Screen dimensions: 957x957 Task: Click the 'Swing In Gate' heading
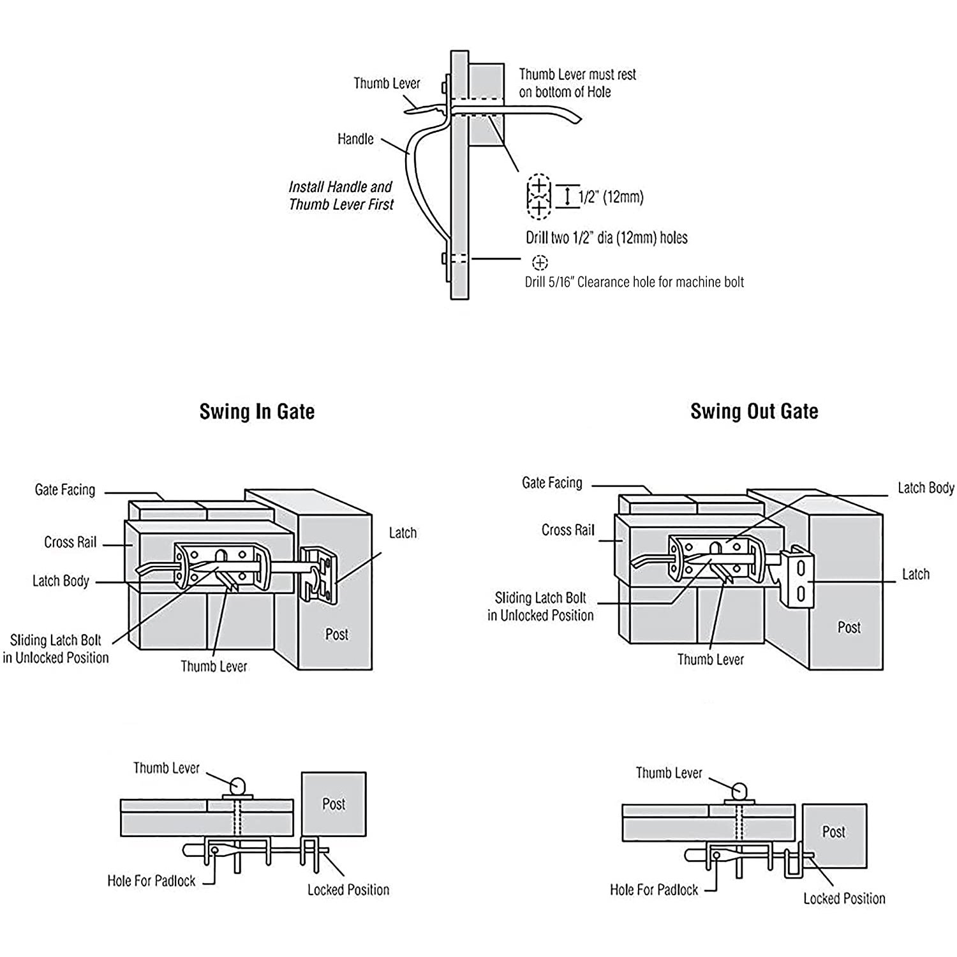click(x=256, y=412)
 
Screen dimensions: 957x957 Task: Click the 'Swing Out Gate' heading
click(x=754, y=412)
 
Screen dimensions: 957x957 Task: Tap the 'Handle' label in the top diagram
click(x=355, y=139)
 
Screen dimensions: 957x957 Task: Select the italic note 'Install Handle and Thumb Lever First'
click(x=341, y=196)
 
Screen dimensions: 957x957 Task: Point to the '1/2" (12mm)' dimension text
click(x=611, y=197)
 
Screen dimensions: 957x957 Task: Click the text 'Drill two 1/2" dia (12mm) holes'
click(x=606, y=238)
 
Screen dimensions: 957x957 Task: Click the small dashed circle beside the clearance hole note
click(x=540, y=262)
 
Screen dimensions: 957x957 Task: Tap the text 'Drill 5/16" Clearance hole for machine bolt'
click(x=634, y=282)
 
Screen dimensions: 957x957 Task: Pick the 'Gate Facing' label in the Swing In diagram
click(x=64, y=490)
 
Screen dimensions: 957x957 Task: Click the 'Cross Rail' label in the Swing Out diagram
click(x=568, y=530)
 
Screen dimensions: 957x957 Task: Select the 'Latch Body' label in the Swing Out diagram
click(x=925, y=488)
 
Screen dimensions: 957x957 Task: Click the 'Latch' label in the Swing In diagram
click(x=403, y=533)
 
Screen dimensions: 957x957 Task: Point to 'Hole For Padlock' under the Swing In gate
click(x=151, y=881)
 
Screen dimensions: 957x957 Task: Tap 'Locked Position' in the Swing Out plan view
click(x=844, y=898)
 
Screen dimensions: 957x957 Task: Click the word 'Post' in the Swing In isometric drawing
click(x=337, y=634)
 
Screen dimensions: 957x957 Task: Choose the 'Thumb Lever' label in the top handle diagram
click(x=387, y=84)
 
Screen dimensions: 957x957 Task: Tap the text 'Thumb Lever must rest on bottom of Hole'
click(x=577, y=83)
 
